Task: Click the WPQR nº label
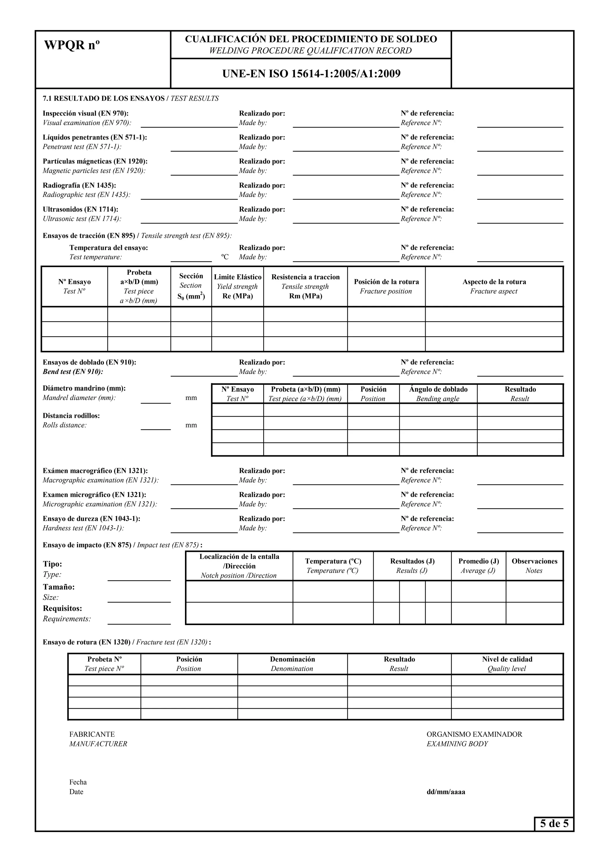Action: click(72, 46)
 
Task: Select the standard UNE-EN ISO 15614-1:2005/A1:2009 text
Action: click(311, 73)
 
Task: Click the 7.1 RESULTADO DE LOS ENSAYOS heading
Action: click(103, 99)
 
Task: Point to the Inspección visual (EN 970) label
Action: click(85, 113)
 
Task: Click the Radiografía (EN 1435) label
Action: click(79, 185)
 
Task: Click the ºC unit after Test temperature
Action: click(224, 257)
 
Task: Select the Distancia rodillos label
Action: click(71, 416)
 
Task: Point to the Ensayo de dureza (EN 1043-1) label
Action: click(91, 519)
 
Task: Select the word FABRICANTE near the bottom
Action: click(92, 734)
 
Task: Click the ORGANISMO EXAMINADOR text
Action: click(474, 734)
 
